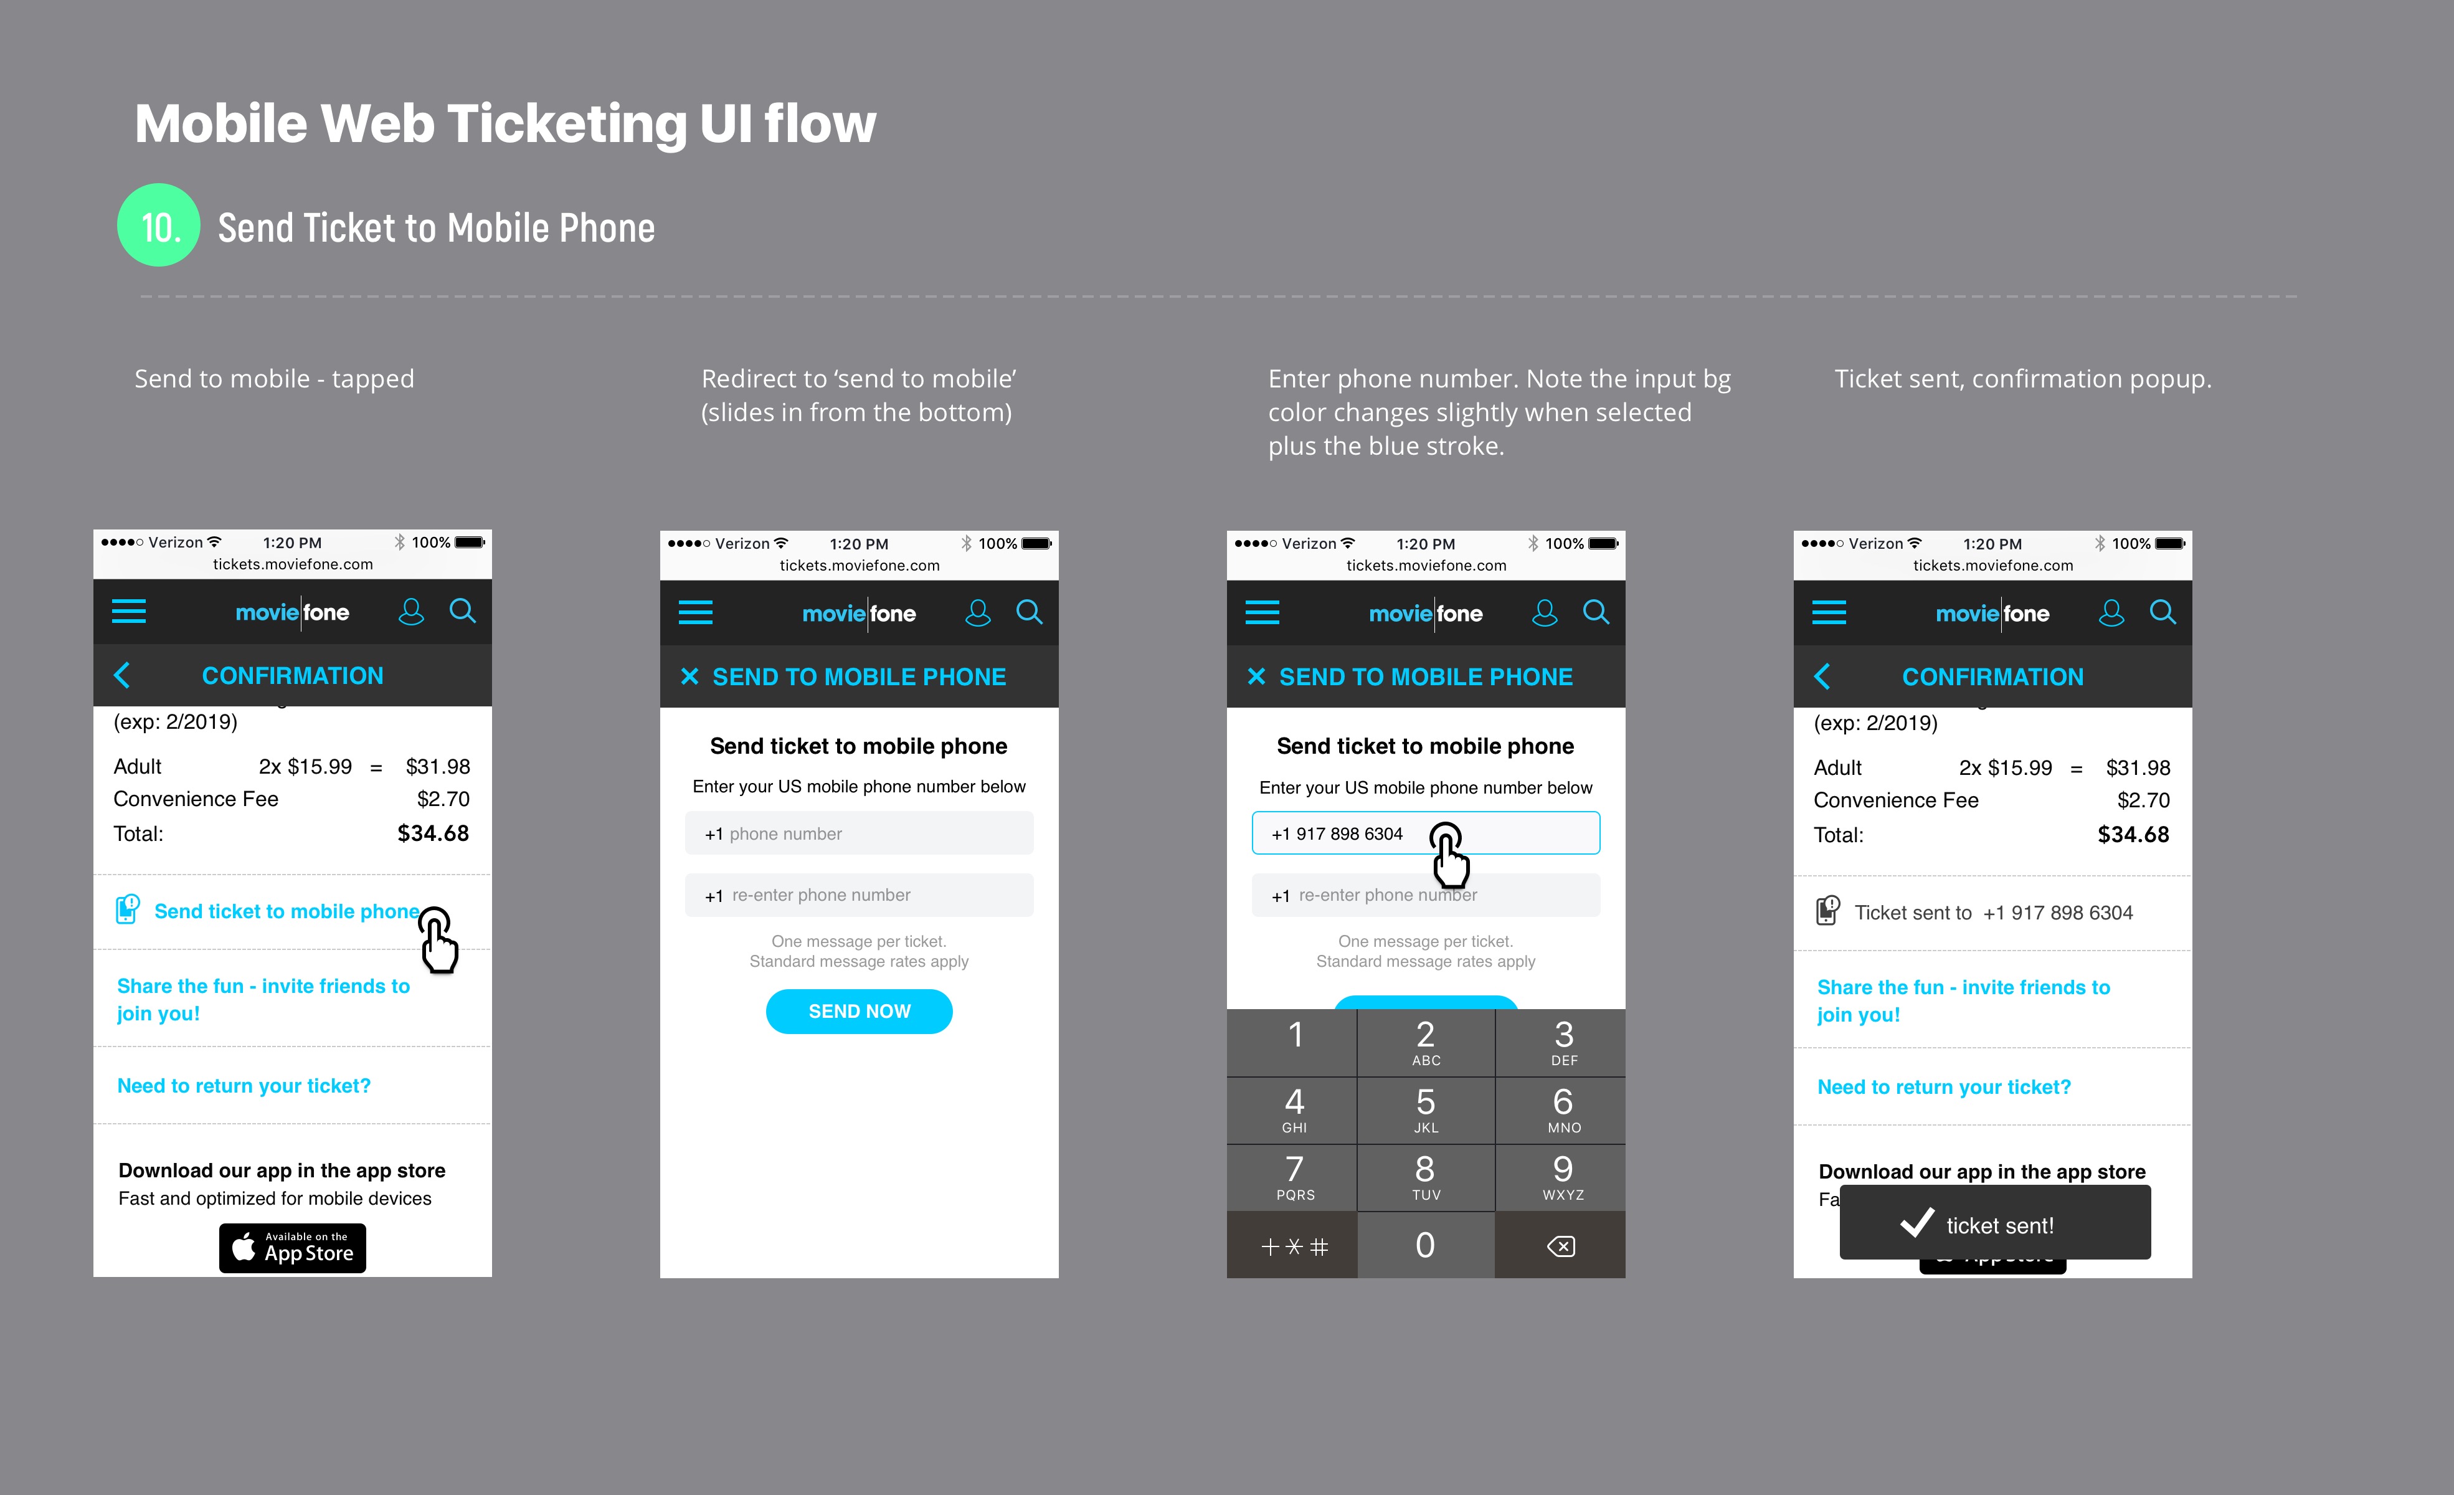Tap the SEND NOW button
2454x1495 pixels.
(858, 1011)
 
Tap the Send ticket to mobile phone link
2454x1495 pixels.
(287, 911)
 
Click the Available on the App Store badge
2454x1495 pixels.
(293, 1248)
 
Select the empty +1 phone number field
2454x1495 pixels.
(858, 833)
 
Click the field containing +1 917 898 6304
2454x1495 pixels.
(1425, 833)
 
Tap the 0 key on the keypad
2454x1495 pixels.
(1425, 1245)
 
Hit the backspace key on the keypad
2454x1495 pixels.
(1561, 1246)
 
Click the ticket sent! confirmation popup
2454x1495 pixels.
(1995, 1223)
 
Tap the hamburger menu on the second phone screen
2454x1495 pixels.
(695, 612)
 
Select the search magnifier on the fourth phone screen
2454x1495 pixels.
(2162, 612)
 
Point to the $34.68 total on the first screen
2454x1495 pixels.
(433, 833)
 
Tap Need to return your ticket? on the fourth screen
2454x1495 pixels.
(1944, 1086)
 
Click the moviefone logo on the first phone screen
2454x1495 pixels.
(292, 612)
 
